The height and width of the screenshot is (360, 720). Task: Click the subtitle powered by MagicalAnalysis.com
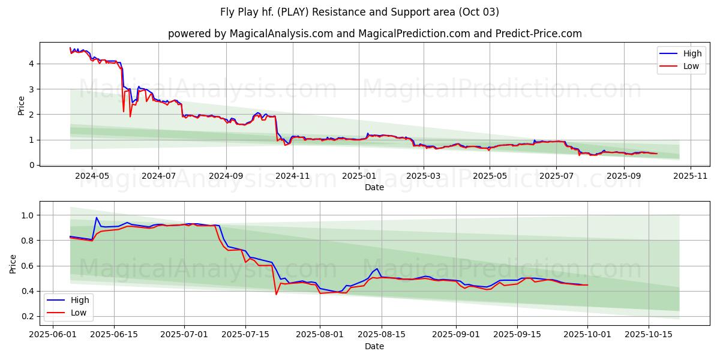point(374,34)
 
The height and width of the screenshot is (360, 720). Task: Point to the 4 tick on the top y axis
point(31,64)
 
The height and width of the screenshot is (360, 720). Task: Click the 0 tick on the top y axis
point(31,165)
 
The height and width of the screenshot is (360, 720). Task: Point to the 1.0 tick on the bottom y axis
point(28,215)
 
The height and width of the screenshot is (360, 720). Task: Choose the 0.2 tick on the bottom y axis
point(28,316)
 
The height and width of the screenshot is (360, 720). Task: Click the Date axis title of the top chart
point(374,187)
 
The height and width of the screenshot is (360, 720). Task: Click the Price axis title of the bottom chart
point(13,263)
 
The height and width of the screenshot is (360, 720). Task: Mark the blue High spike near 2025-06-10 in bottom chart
point(97,218)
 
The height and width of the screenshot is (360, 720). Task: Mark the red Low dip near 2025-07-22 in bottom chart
point(276,294)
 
